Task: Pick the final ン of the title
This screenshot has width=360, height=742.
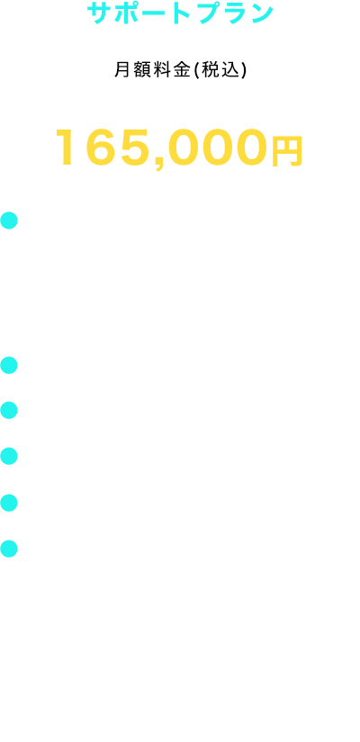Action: (x=262, y=13)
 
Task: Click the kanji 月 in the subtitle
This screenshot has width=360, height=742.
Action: (x=121, y=70)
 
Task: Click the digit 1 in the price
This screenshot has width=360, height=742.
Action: (x=66, y=147)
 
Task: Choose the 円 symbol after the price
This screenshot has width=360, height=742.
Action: (x=287, y=151)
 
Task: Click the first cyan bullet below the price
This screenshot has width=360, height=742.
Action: (x=9, y=220)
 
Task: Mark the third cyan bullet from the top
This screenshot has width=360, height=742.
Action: (x=9, y=410)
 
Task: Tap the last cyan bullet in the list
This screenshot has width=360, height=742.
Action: (x=9, y=549)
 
